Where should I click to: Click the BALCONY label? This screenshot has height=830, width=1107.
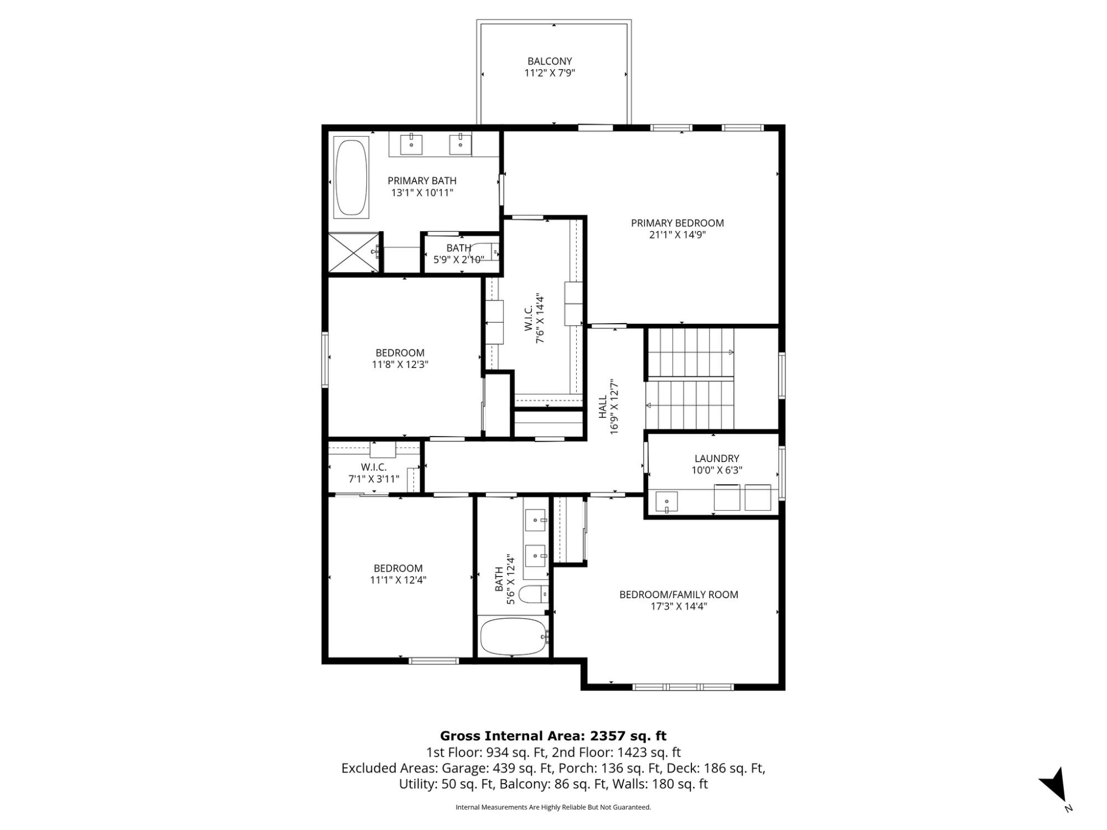click(549, 61)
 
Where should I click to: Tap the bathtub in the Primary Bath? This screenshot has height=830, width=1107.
click(351, 178)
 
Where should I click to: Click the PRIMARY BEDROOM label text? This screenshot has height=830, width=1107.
click(677, 223)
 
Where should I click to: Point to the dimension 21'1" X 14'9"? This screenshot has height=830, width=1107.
click(677, 235)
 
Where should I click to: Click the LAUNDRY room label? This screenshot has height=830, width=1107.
click(717, 458)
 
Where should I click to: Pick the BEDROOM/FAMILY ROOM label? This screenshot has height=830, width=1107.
click(679, 594)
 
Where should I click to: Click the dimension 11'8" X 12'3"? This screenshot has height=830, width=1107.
click(400, 365)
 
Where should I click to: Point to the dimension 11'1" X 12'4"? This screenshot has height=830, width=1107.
click(398, 580)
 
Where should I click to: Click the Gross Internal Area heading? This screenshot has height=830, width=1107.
click(553, 736)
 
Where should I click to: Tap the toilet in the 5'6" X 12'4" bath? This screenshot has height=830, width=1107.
click(536, 594)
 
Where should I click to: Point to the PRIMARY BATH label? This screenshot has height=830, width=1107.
click(422, 180)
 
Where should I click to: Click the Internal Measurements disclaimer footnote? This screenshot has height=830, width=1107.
click(553, 807)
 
